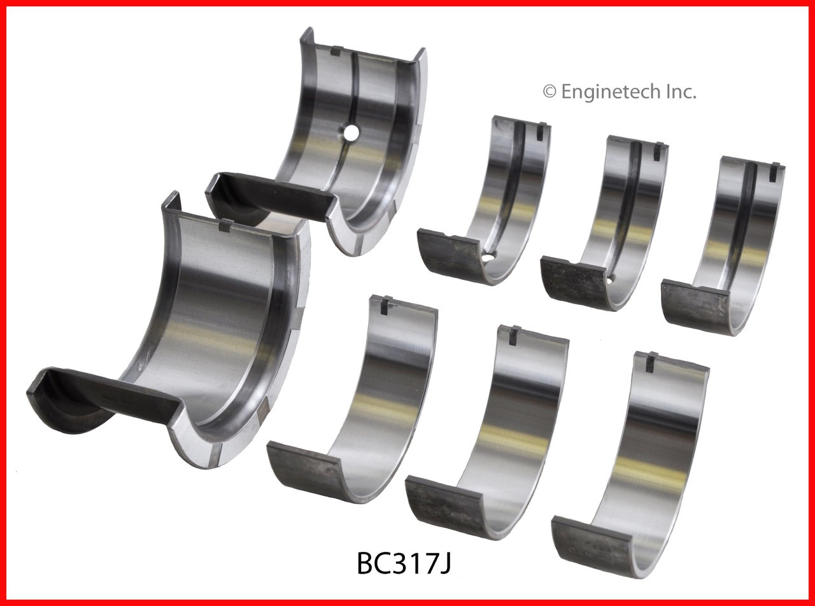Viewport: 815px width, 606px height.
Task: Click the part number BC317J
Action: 404,563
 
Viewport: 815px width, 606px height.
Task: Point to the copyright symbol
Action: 549,92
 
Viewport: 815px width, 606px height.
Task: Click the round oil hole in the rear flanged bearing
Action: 350,132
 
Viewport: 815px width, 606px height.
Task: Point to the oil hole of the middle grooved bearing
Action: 609,279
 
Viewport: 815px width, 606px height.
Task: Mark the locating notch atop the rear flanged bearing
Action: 336,51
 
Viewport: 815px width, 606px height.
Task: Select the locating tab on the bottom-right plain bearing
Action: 651,361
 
